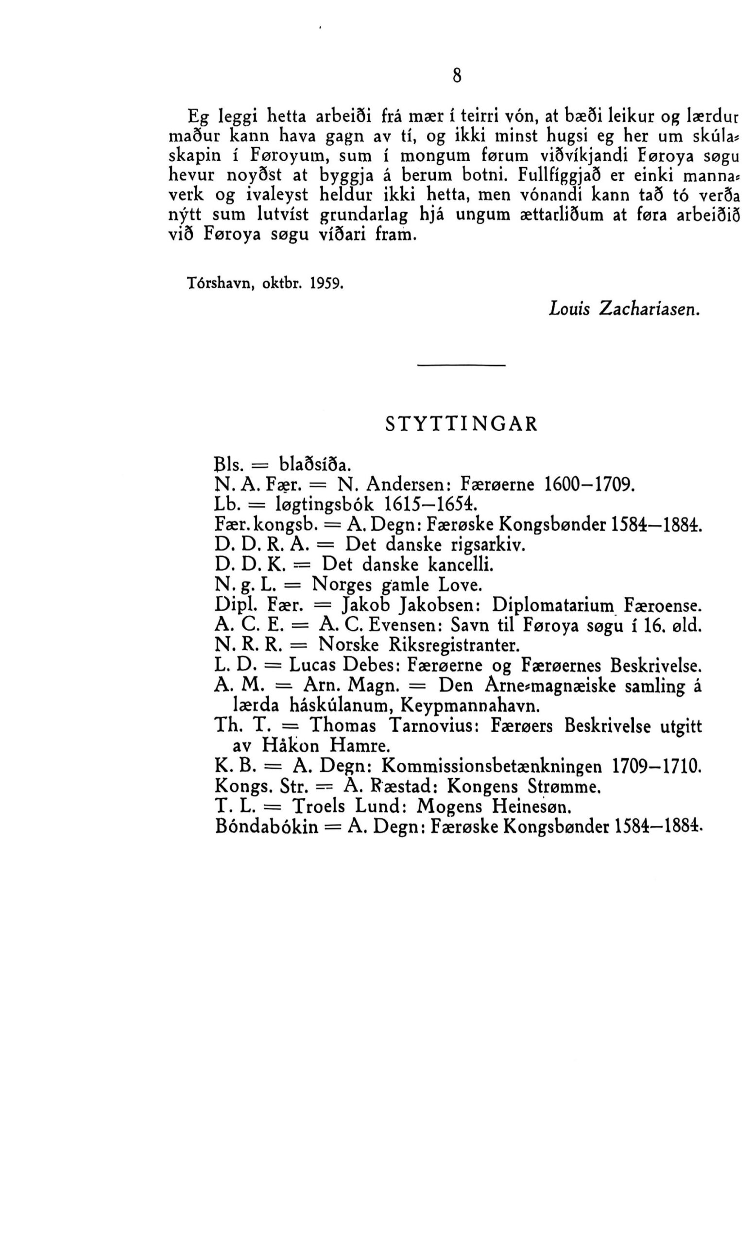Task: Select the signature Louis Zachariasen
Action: click(624, 309)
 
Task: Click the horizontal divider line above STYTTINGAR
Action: click(462, 365)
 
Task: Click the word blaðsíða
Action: click(315, 463)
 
